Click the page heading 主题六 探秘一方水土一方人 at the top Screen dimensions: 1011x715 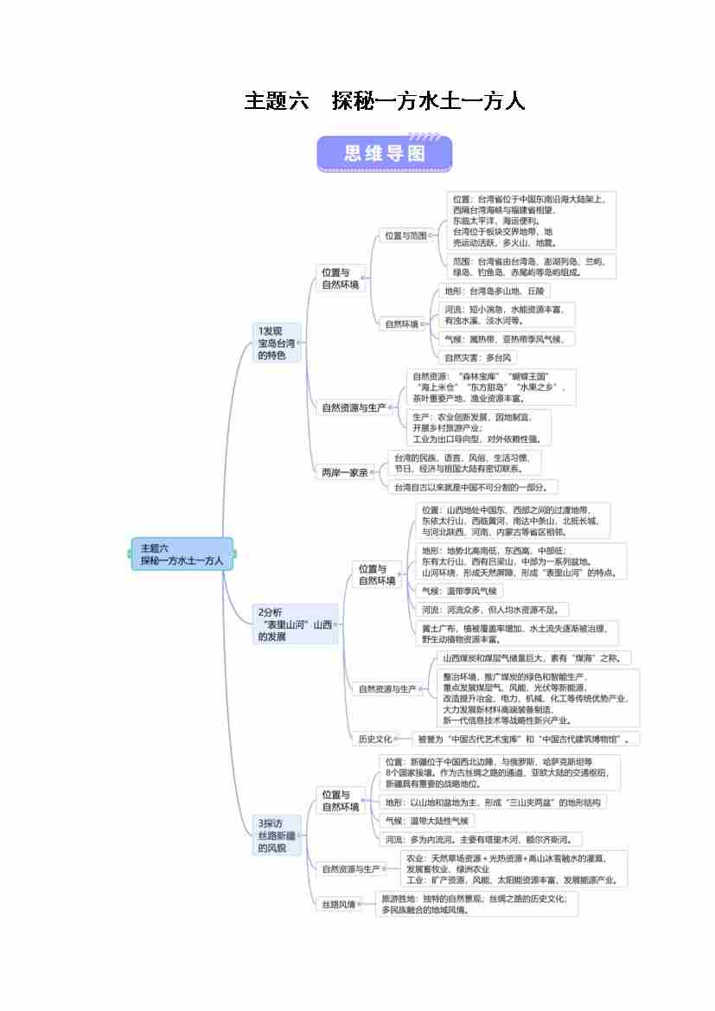pos(385,101)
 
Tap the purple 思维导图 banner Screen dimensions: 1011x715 pos(385,153)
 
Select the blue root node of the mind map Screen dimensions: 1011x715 pos(182,553)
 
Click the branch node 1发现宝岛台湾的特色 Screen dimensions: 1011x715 pos(276,342)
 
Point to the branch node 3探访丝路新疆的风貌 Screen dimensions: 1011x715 pos(276,835)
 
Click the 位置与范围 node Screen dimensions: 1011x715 pos(405,235)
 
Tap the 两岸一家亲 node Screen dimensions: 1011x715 pos(345,472)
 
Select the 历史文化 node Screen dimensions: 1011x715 pos(375,739)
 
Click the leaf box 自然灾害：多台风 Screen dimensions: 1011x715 pos(478,357)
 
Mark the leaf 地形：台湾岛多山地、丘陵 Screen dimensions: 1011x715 pos(494,291)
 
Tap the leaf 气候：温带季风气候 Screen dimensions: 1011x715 pos(458,591)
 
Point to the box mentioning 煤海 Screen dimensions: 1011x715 pos(536,658)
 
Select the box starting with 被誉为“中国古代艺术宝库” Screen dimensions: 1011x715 pos(527,739)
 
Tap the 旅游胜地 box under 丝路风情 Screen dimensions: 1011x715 pos(476,904)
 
